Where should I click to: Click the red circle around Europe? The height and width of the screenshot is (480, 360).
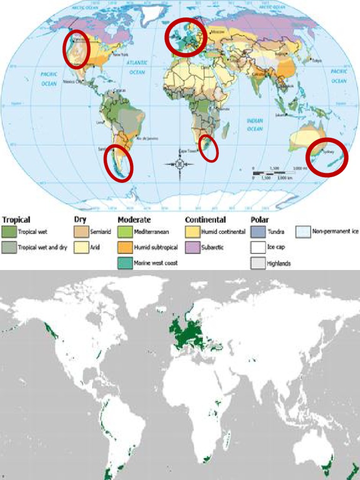point(186,37)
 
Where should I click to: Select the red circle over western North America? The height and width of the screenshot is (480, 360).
point(76,48)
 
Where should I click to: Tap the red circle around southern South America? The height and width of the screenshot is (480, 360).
point(118,163)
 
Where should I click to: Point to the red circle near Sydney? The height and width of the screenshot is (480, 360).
point(327,157)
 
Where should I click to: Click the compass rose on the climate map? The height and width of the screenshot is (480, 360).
point(180,165)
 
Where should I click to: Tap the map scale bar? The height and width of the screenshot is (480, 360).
point(277,172)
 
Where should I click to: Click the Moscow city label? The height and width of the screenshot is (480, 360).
point(218,32)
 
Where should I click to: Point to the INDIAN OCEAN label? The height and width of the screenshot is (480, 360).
point(255,125)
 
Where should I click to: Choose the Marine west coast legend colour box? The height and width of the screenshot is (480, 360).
point(126,262)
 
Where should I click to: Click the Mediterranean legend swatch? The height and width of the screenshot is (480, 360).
point(126,232)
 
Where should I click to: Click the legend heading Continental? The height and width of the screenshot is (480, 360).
point(205,220)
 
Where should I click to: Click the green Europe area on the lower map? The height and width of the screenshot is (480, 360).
point(187,333)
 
